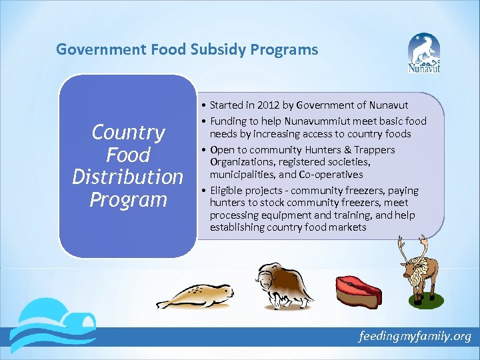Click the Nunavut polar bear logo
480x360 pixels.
click(424, 55)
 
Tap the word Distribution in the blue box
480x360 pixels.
click(127, 177)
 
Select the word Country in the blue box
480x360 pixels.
click(127, 133)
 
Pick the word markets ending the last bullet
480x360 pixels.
click(347, 227)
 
